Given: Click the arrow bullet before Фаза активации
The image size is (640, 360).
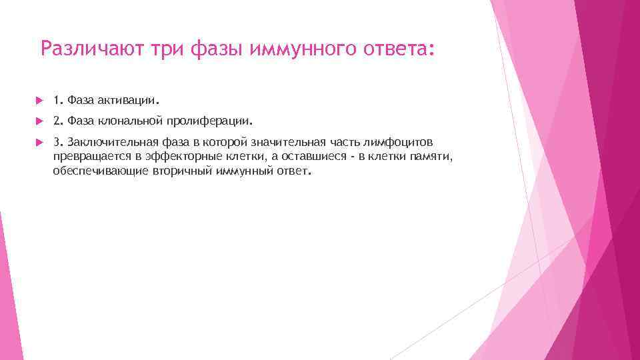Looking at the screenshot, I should [39, 101].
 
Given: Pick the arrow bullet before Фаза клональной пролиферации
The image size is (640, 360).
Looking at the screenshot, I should [39, 122].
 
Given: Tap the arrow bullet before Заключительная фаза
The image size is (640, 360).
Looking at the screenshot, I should [39, 143].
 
